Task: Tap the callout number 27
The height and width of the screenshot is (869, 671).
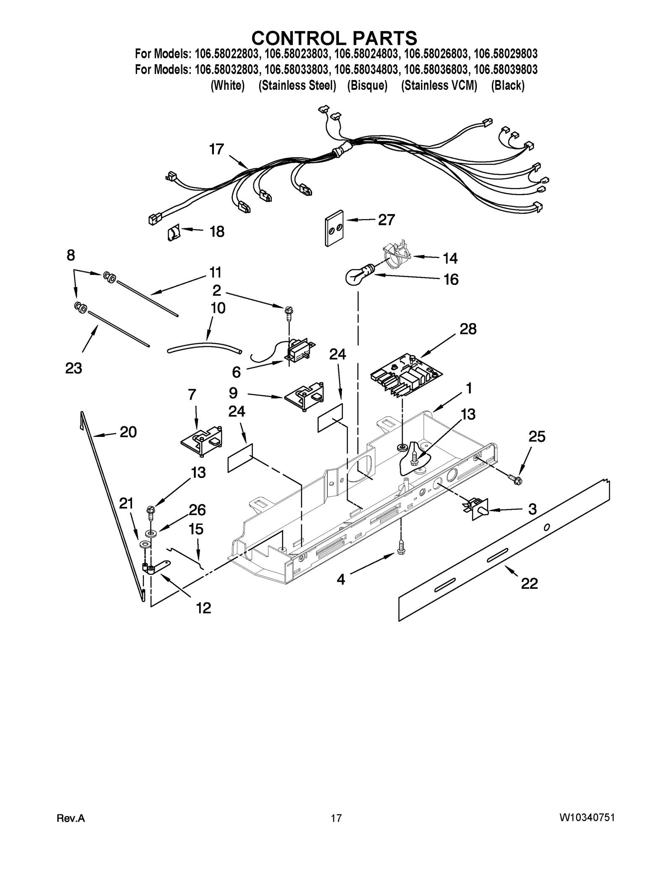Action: (x=386, y=220)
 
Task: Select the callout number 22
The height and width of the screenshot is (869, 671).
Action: (x=529, y=583)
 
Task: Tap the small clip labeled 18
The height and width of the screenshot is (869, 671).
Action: (x=174, y=232)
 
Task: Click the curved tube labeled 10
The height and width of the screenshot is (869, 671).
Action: (x=204, y=347)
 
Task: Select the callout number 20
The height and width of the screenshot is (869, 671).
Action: (x=128, y=432)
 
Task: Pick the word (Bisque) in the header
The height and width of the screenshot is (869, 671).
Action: (x=367, y=86)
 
